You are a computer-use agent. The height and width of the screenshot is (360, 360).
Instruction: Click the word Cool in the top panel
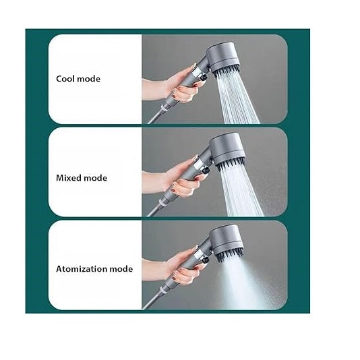point(65,79)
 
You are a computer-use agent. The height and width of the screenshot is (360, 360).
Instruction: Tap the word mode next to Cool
point(88,79)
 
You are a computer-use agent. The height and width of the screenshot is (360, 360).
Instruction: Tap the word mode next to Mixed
point(96,178)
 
